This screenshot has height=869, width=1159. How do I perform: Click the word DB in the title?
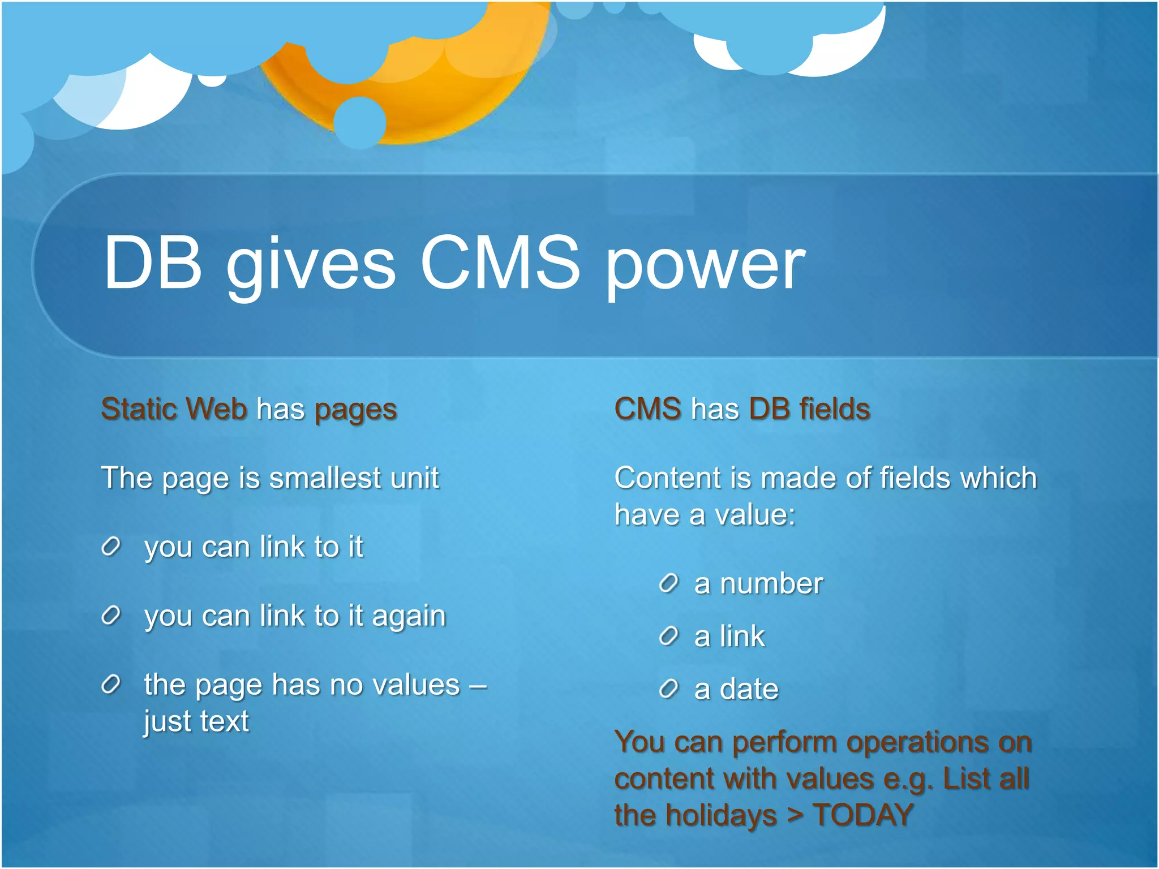coord(153,264)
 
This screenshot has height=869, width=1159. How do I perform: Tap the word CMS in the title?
coord(500,264)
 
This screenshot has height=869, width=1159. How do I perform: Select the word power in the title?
coord(705,266)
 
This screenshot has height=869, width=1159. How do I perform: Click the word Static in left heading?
coord(134,408)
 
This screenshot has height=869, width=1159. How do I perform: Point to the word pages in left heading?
coord(356,410)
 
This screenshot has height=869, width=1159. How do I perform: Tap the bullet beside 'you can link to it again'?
coord(111,616)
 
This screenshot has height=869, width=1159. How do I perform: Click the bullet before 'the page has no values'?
coord(111,685)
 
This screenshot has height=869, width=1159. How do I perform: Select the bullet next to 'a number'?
coord(668,583)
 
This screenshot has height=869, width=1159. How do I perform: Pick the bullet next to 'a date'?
coord(668,689)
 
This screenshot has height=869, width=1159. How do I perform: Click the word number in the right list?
coord(771,583)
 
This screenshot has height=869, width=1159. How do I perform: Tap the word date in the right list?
coord(749,689)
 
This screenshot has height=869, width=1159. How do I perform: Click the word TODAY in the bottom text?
coord(863,815)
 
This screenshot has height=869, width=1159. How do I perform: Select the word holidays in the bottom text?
coord(721,816)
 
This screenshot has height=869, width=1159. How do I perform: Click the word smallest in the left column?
coord(325,478)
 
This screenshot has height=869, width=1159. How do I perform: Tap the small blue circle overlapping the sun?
coord(359,122)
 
